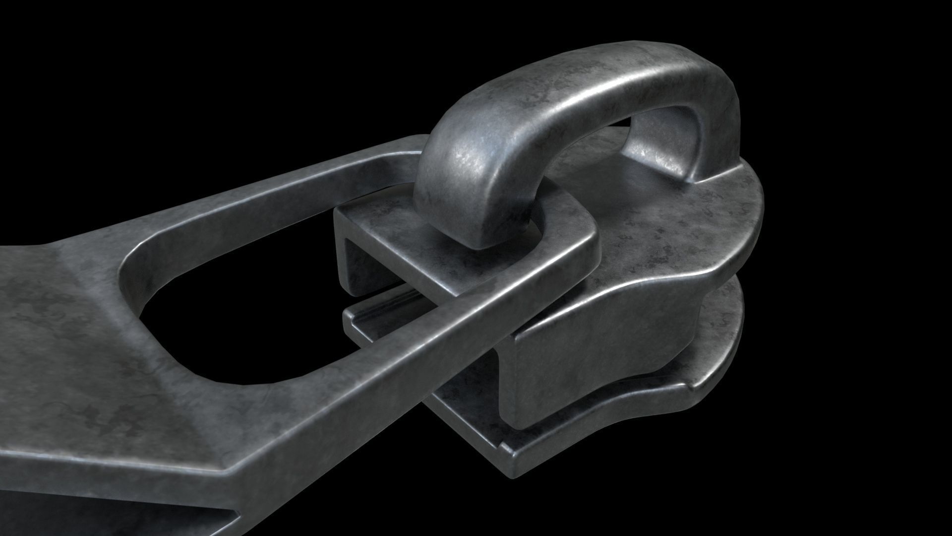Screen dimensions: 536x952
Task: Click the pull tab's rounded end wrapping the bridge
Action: [x=580, y=248]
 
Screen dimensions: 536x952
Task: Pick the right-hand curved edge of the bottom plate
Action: [x=734, y=367]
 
